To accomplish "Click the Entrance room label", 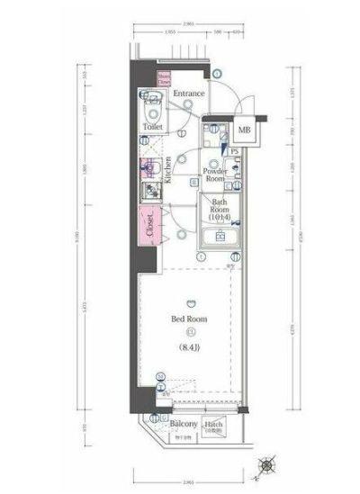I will (x=189, y=94).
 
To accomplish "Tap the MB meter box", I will (x=243, y=130).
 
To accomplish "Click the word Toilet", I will (x=152, y=128).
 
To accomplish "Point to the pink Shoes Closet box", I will (x=165, y=78).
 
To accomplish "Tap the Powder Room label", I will (x=214, y=174).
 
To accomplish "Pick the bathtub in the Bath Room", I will (x=220, y=238).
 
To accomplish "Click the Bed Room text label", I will (x=190, y=319).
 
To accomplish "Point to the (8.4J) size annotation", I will (x=190, y=347).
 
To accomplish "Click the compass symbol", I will (x=267, y=465).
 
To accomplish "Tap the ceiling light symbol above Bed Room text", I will (x=190, y=303).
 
